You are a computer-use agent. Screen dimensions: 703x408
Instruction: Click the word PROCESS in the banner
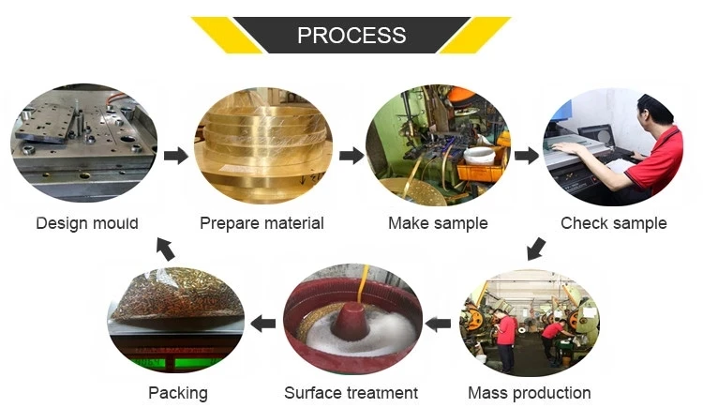351,35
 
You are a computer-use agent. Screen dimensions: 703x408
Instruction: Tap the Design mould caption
87,223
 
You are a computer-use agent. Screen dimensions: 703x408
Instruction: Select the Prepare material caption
262,223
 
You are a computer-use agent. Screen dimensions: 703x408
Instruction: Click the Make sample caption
438,223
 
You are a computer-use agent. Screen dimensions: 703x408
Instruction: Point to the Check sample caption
614,223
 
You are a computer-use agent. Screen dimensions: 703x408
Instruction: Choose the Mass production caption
530,393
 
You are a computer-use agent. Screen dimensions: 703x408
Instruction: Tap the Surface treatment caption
351,393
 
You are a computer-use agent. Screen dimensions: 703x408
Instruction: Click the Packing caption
178,393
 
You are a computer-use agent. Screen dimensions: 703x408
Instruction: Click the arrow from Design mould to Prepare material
176,156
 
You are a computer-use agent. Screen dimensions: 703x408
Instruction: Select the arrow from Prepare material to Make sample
351,156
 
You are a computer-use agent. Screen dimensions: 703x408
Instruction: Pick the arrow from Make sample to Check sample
527,156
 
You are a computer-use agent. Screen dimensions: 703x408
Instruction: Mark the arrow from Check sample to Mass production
536,249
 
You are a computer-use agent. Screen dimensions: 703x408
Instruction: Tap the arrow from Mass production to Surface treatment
438,324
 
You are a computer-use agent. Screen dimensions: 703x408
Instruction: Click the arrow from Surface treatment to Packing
263,324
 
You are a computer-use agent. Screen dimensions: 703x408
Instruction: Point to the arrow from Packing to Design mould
165,249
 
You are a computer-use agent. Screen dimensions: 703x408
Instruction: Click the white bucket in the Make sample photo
479,156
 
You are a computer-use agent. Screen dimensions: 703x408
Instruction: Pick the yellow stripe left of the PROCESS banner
227,35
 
